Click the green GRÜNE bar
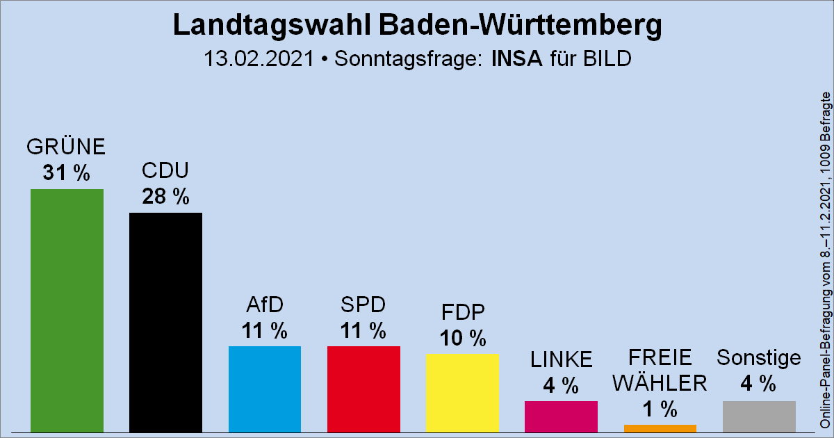click(67, 310)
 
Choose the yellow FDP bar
click(462, 392)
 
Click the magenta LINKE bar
click(561, 416)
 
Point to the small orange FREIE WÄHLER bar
click(660, 428)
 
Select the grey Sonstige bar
click(759, 416)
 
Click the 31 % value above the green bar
click(66, 173)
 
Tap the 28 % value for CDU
click(165, 197)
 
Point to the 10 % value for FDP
click(462, 339)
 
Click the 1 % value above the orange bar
click(660, 408)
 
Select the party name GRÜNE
click(66, 147)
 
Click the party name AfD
click(265, 305)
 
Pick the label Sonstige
click(759, 358)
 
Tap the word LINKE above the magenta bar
click(561, 359)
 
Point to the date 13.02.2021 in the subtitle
click(259, 58)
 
